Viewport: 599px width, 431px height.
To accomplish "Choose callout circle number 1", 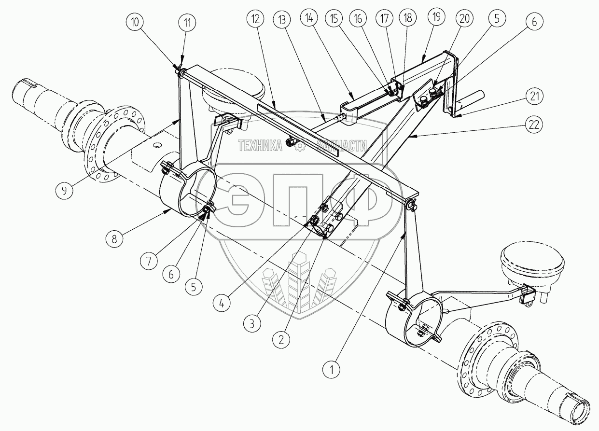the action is pos(332,370).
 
